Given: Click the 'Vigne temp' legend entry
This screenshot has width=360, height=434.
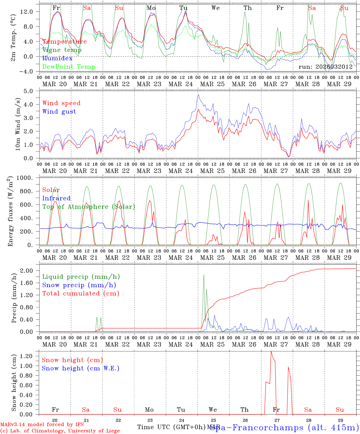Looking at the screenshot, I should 62,50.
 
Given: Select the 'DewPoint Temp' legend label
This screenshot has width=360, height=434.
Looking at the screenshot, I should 69,67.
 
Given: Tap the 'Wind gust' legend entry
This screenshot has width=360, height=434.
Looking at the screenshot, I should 59,112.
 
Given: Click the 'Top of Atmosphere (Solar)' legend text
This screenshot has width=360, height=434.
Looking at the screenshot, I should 88,207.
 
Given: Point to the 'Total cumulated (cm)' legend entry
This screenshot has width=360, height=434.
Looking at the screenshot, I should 81,293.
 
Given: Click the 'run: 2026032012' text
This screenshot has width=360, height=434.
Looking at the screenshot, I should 325,67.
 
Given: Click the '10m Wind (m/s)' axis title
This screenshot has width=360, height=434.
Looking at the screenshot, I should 17,124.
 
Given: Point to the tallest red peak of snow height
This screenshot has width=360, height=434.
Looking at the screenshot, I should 271,351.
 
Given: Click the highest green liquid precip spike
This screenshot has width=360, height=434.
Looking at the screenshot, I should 204,275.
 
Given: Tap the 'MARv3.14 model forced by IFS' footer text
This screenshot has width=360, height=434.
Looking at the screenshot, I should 42,424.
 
